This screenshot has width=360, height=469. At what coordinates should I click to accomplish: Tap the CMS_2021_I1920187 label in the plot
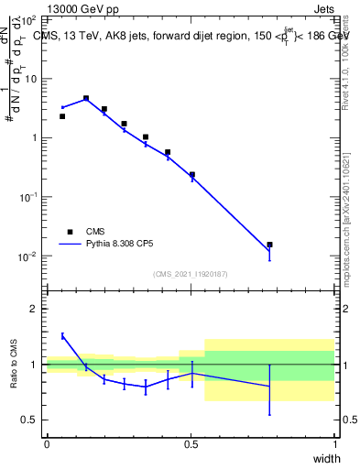tap(191, 274)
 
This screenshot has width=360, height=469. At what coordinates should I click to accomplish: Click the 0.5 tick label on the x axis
tap(191, 444)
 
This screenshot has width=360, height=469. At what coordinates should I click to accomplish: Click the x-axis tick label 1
tap(334, 444)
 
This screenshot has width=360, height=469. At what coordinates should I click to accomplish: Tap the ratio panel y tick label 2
tap(35, 309)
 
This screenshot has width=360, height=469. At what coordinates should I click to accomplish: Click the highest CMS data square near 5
tap(86, 98)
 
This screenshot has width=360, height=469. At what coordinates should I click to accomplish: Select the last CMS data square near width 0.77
tap(269, 245)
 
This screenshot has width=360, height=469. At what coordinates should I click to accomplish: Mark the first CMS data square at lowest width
tap(62, 116)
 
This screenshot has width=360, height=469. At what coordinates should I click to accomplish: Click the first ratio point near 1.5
tap(62, 336)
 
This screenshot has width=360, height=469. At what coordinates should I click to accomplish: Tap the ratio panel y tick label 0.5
tap(31, 420)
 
